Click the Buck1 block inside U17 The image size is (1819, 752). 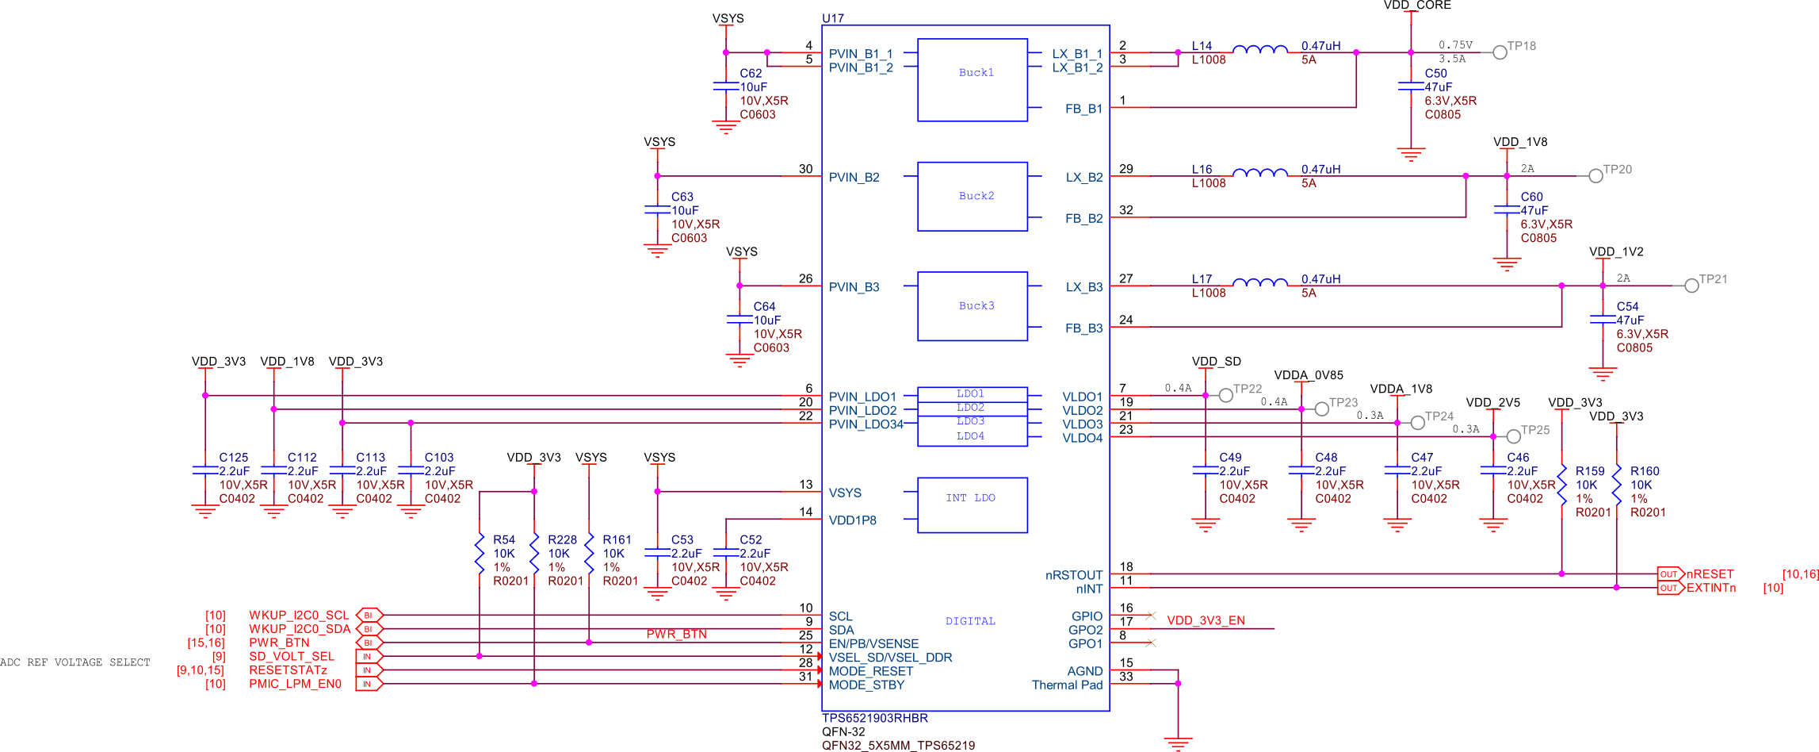coord(973,79)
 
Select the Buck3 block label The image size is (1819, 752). coord(976,305)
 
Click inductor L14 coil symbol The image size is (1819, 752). coord(1260,50)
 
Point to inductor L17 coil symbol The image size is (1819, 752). coord(1260,282)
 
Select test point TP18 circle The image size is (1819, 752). coord(1500,52)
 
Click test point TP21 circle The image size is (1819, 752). coord(1691,286)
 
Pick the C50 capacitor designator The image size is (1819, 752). coord(1435,73)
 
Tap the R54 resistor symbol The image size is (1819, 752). coord(480,554)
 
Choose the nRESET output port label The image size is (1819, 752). coord(1710,574)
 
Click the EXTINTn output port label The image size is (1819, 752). coord(1710,588)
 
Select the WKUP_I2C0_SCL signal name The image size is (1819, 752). coord(299,615)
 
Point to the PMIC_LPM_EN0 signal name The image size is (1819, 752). coord(295,684)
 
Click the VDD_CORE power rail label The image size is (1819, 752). coord(1417,6)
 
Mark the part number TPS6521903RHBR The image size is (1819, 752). coord(875,718)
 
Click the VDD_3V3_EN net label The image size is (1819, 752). coord(1206,620)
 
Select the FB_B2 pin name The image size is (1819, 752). coord(1083,218)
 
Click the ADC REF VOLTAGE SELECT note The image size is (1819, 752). coord(75,662)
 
